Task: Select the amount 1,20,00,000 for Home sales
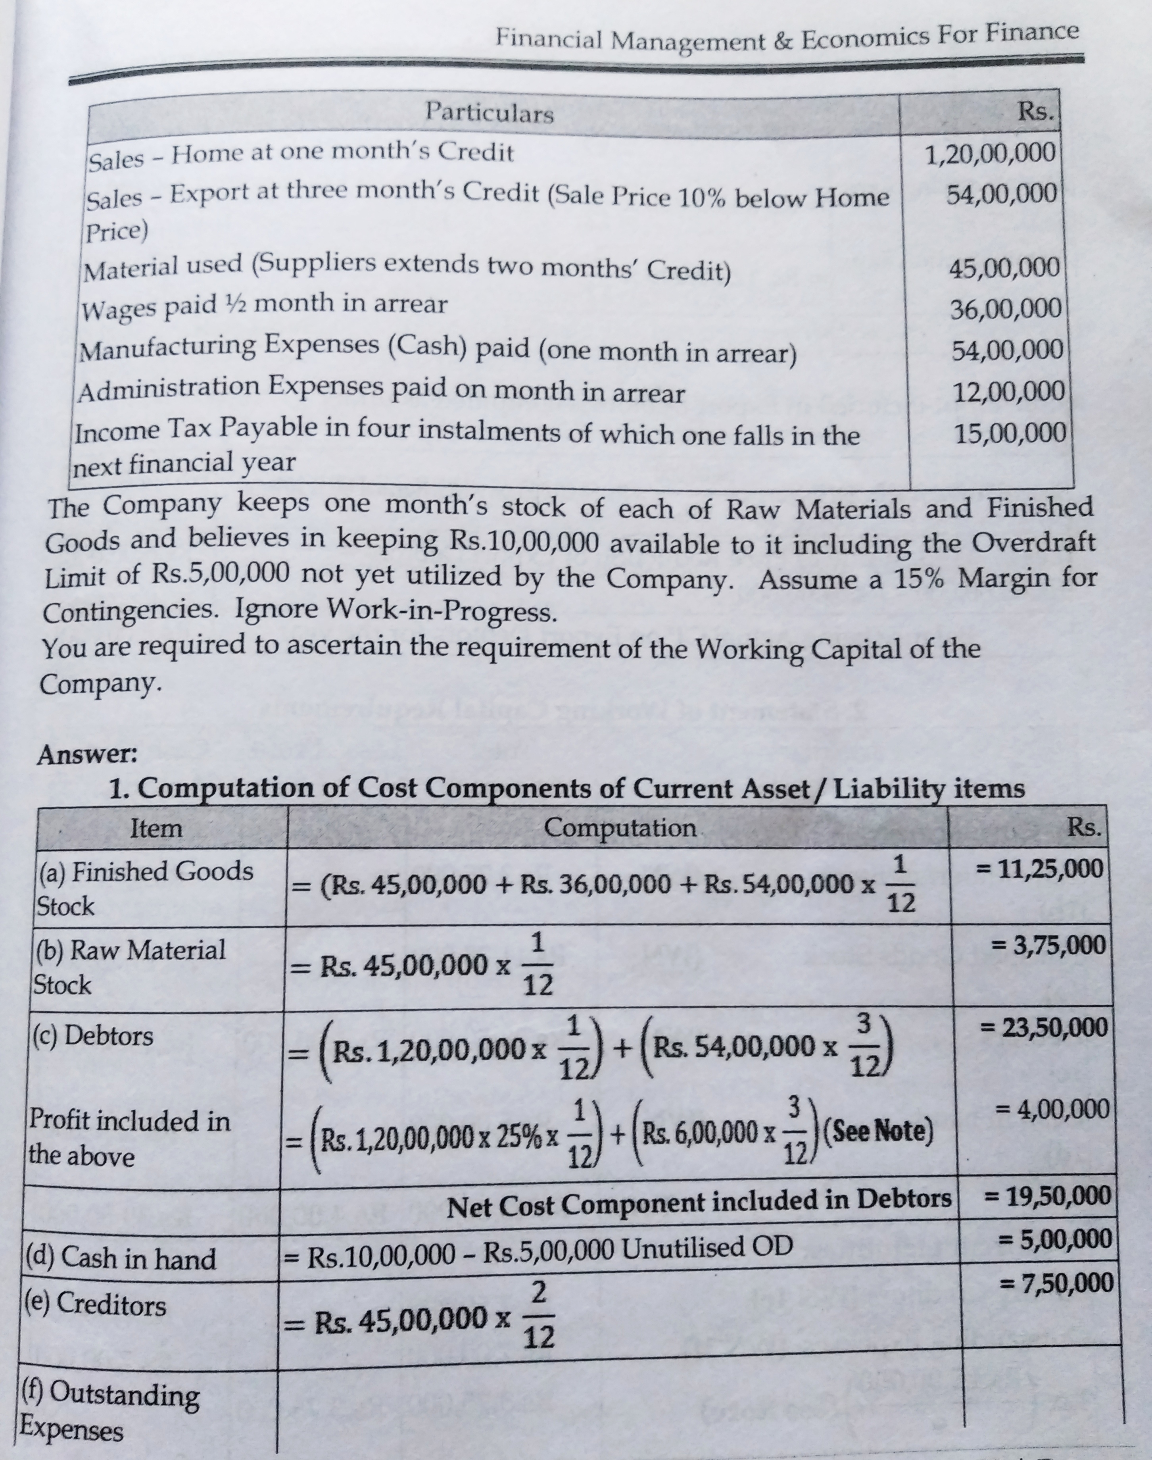pos(989,154)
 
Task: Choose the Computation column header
pos(620,827)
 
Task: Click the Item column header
pos(156,828)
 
